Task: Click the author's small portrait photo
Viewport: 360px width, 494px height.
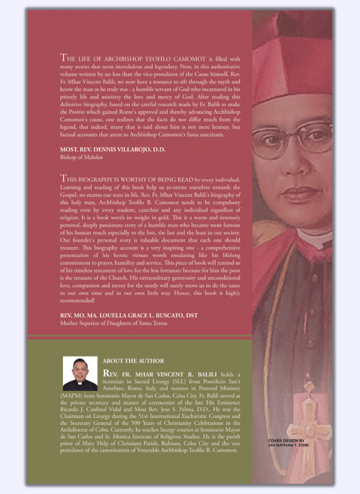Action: [80, 373]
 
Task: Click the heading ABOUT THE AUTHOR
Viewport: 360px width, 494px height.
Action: [133, 361]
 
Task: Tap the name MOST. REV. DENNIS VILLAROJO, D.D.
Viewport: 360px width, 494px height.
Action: [112, 150]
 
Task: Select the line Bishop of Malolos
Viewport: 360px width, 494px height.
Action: [81, 157]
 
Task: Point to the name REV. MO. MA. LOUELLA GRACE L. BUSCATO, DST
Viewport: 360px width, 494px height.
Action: [129, 316]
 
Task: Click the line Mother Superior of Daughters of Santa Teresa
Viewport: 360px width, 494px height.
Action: [113, 323]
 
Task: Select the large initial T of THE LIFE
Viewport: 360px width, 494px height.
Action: [63, 58]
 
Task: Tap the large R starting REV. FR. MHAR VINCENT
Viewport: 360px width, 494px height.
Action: [107, 373]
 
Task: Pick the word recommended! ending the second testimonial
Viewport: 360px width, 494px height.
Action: [78, 300]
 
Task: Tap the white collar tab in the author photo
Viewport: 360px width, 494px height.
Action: [80, 384]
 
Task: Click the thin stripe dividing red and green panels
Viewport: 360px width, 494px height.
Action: [140, 336]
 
